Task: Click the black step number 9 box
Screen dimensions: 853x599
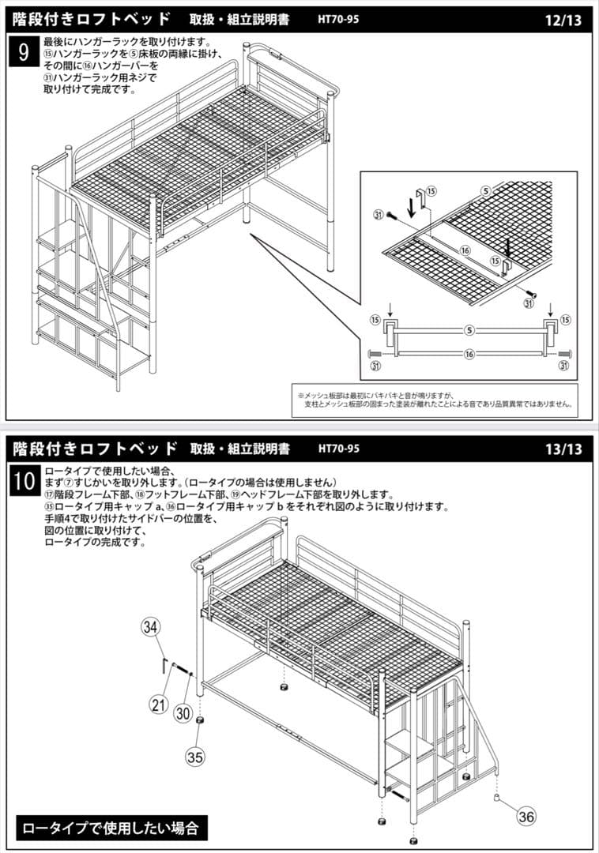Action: coord(24,53)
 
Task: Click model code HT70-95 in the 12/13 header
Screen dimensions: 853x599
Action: coord(339,20)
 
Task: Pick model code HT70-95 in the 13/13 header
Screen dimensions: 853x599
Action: coord(339,449)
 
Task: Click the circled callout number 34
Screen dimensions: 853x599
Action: coord(151,627)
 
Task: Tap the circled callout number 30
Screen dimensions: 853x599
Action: coord(183,712)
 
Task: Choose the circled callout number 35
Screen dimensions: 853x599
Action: coord(194,756)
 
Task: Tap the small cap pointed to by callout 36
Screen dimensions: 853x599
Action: coord(498,798)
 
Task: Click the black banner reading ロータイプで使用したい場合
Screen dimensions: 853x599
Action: coord(111,828)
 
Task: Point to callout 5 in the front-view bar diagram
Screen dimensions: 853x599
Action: coord(469,329)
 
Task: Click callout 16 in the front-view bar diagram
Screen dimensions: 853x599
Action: coord(469,355)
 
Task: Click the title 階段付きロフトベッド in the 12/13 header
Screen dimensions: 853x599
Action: coord(92,19)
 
